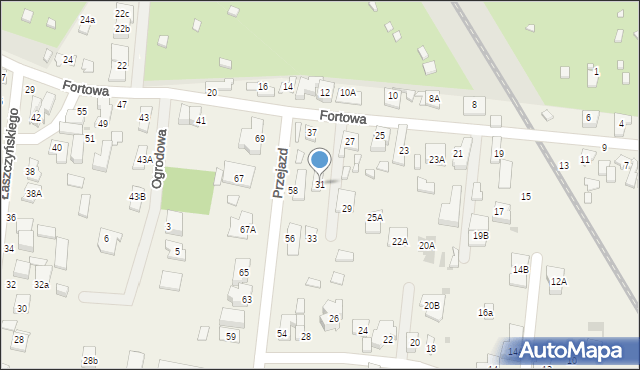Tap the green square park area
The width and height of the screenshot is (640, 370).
pyautogui.click(x=188, y=191)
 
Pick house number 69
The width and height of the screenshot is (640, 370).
pyautogui.click(x=260, y=138)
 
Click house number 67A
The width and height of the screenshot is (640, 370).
pyautogui.click(x=248, y=229)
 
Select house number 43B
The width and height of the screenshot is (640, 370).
pyautogui.click(x=137, y=196)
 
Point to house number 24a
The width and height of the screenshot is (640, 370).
pyautogui.click(x=88, y=20)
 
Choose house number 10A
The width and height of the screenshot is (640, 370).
pyautogui.click(x=347, y=93)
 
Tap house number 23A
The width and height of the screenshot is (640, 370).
pyautogui.click(x=436, y=159)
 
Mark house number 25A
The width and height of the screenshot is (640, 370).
pyautogui.click(x=375, y=217)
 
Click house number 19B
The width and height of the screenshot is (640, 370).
pyautogui.click(x=480, y=236)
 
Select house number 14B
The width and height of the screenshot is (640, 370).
pyautogui.click(x=520, y=270)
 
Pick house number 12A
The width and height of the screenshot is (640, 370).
pyautogui.click(x=558, y=282)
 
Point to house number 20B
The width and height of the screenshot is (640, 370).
pyautogui.click(x=431, y=305)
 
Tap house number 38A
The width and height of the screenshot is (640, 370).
pyautogui.click(x=34, y=193)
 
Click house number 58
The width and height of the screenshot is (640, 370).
pyautogui.click(x=293, y=190)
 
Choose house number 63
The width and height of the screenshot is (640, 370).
pyautogui.click(x=246, y=299)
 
